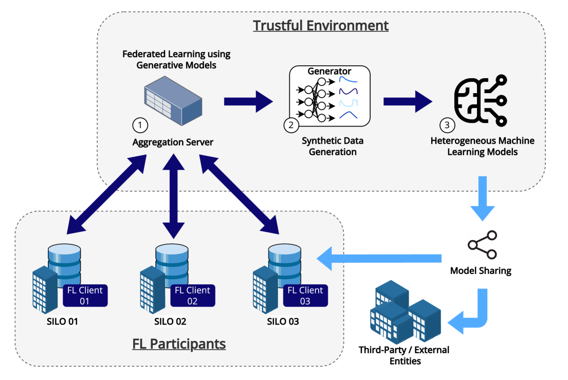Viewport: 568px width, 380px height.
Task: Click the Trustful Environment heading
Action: pos(320,25)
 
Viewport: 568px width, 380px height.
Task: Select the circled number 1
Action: pos(140,124)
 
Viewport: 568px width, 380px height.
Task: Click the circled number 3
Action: pos(447,124)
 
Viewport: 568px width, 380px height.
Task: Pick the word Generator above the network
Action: pos(329,71)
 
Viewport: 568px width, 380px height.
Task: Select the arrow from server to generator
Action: pos(249,100)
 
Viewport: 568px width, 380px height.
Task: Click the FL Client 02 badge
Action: pos(193,295)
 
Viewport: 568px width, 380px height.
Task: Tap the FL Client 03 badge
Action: pos(305,295)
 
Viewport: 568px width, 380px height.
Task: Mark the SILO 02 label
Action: pos(170,322)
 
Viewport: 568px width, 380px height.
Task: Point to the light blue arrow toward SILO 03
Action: pos(380,257)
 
